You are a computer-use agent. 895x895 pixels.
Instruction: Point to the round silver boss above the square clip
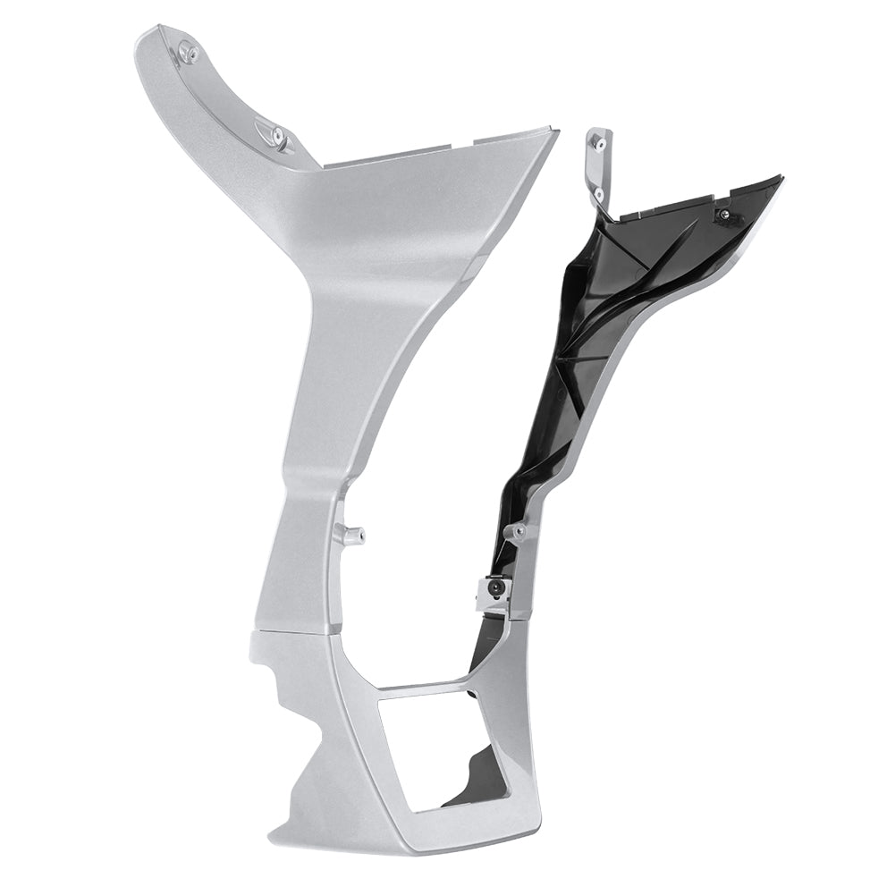517,534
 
